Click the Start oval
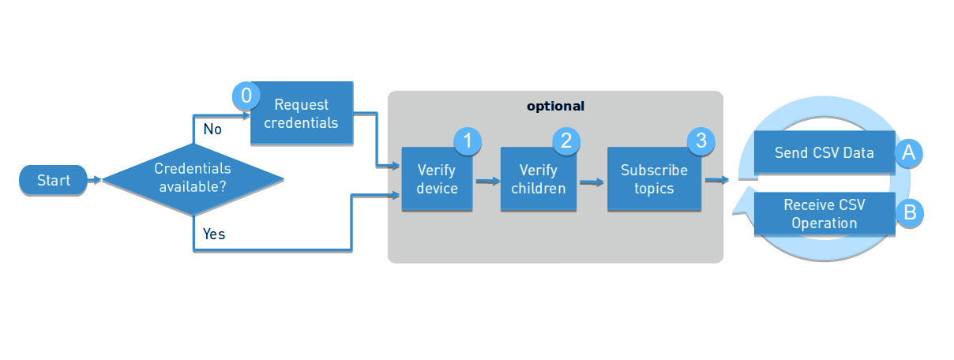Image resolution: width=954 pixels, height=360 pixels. (x=53, y=181)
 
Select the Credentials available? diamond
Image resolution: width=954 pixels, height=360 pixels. (x=193, y=179)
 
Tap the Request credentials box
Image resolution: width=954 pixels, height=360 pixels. (x=301, y=114)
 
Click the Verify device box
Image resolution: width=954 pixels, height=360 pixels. (x=437, y=179)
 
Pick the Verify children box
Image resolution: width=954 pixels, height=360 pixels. (x=538, y=179)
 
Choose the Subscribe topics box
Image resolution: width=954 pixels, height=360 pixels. (x=654, y=179)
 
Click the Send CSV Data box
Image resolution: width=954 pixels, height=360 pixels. (x=824, y=152)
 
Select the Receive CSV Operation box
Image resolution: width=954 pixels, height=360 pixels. (x=824, y=213)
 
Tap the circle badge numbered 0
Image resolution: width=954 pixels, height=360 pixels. (x=246, y=96)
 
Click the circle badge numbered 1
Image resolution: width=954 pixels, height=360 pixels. (x=468, y=141)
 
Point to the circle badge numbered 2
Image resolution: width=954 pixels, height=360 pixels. (x=566, y=141)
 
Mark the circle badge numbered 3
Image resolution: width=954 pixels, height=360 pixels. (x=700, y=141)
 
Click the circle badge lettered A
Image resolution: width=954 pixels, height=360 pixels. (x=908, y=153)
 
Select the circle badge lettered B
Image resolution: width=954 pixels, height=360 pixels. (x=908, y=213)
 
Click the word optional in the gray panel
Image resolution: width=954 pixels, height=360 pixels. (x=556, y=106)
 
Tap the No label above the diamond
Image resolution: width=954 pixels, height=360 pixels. (x=212, y=129)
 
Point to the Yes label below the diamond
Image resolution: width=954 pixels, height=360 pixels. (x=213, y=234)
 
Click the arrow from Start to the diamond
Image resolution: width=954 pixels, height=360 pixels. (x=95, y=181)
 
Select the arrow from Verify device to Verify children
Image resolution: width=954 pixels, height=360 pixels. (x=488, y=181)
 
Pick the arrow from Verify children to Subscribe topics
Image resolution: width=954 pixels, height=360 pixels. (x=592, y=182)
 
